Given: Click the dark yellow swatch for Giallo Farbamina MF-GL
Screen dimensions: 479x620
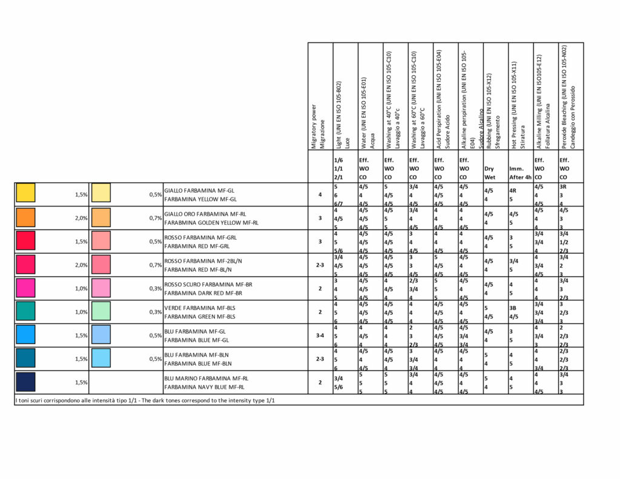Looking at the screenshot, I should pyautogui.click(x=25, y=193).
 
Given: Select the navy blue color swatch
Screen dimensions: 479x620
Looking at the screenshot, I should pyautogui.click(x=25, y=382).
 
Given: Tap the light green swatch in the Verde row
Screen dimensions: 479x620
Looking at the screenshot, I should pyautogui.click(x=101, y=311).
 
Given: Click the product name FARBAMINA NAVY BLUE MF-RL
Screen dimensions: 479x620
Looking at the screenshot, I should pyautogui.click(x=204, y=386).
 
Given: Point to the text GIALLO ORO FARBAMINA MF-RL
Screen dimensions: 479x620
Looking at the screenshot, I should pyautogui.click(x=205, y=214).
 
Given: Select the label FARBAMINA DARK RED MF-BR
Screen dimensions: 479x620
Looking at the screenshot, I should pyautogui.click(x=203, y=292).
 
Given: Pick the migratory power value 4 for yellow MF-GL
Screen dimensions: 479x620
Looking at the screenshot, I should pyautogui.click(x=320, y=194).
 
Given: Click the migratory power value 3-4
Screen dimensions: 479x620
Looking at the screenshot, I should pyautogui.click(x=320, y=335).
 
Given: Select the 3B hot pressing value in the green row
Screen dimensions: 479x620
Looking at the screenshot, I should pyautogui.click(x=513, y=308).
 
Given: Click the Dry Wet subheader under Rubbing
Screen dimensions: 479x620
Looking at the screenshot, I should pyautogui.click(x=490, y=173).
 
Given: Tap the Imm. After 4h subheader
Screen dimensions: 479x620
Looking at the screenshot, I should pyautogui.click(x=519, y=173).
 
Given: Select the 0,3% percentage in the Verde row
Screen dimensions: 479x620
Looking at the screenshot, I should pyautogui.click(x=156, y=312).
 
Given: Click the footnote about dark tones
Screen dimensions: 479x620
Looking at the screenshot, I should pyautogui.click(x=145, y=400).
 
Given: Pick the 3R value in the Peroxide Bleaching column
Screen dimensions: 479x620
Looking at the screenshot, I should pyautogui.click(x=563, y=187).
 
